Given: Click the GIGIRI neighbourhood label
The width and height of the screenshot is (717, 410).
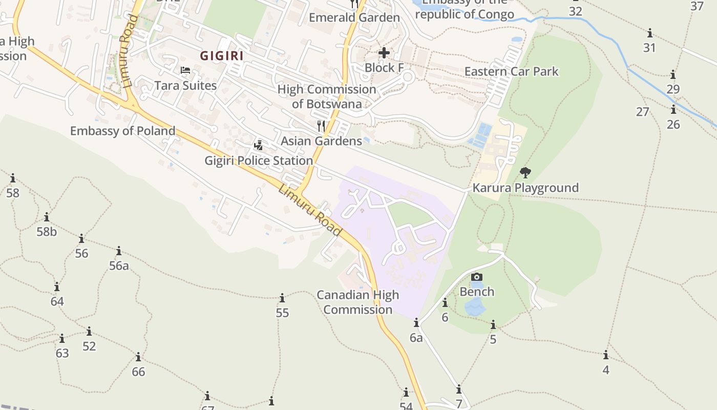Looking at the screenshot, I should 221,55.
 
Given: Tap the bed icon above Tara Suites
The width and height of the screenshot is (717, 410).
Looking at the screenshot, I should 185,70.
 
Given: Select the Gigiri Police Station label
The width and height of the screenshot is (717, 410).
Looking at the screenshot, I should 259,160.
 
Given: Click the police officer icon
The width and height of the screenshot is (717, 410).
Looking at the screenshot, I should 259,145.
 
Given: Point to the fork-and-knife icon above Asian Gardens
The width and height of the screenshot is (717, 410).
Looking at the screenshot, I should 321,126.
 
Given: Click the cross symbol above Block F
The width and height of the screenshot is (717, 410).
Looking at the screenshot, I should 384,52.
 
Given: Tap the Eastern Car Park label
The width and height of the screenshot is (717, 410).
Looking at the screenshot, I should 511,71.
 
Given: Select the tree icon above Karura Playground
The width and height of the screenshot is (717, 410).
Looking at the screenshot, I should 525,172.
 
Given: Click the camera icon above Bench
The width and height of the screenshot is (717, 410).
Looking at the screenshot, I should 477,277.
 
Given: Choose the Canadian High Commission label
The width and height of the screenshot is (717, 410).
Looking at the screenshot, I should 357,302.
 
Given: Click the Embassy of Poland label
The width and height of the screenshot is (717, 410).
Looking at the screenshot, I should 123,131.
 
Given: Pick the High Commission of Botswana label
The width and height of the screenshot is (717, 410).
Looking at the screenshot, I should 327,96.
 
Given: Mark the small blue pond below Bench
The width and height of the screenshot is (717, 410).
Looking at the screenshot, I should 475,307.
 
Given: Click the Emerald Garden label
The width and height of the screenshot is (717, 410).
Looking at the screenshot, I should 354,17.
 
